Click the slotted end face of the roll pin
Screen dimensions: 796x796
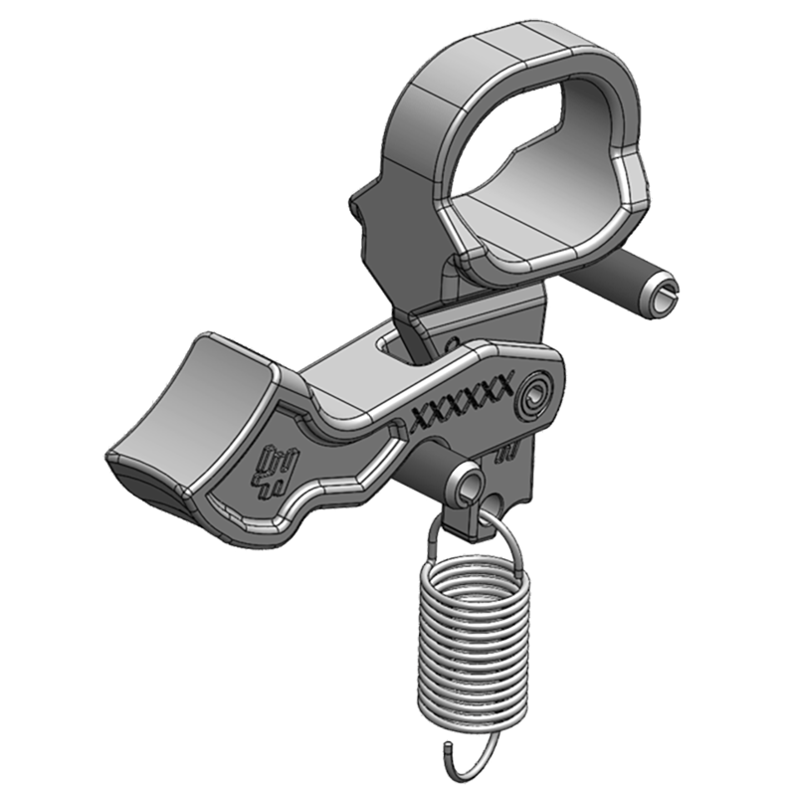[660, 296]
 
